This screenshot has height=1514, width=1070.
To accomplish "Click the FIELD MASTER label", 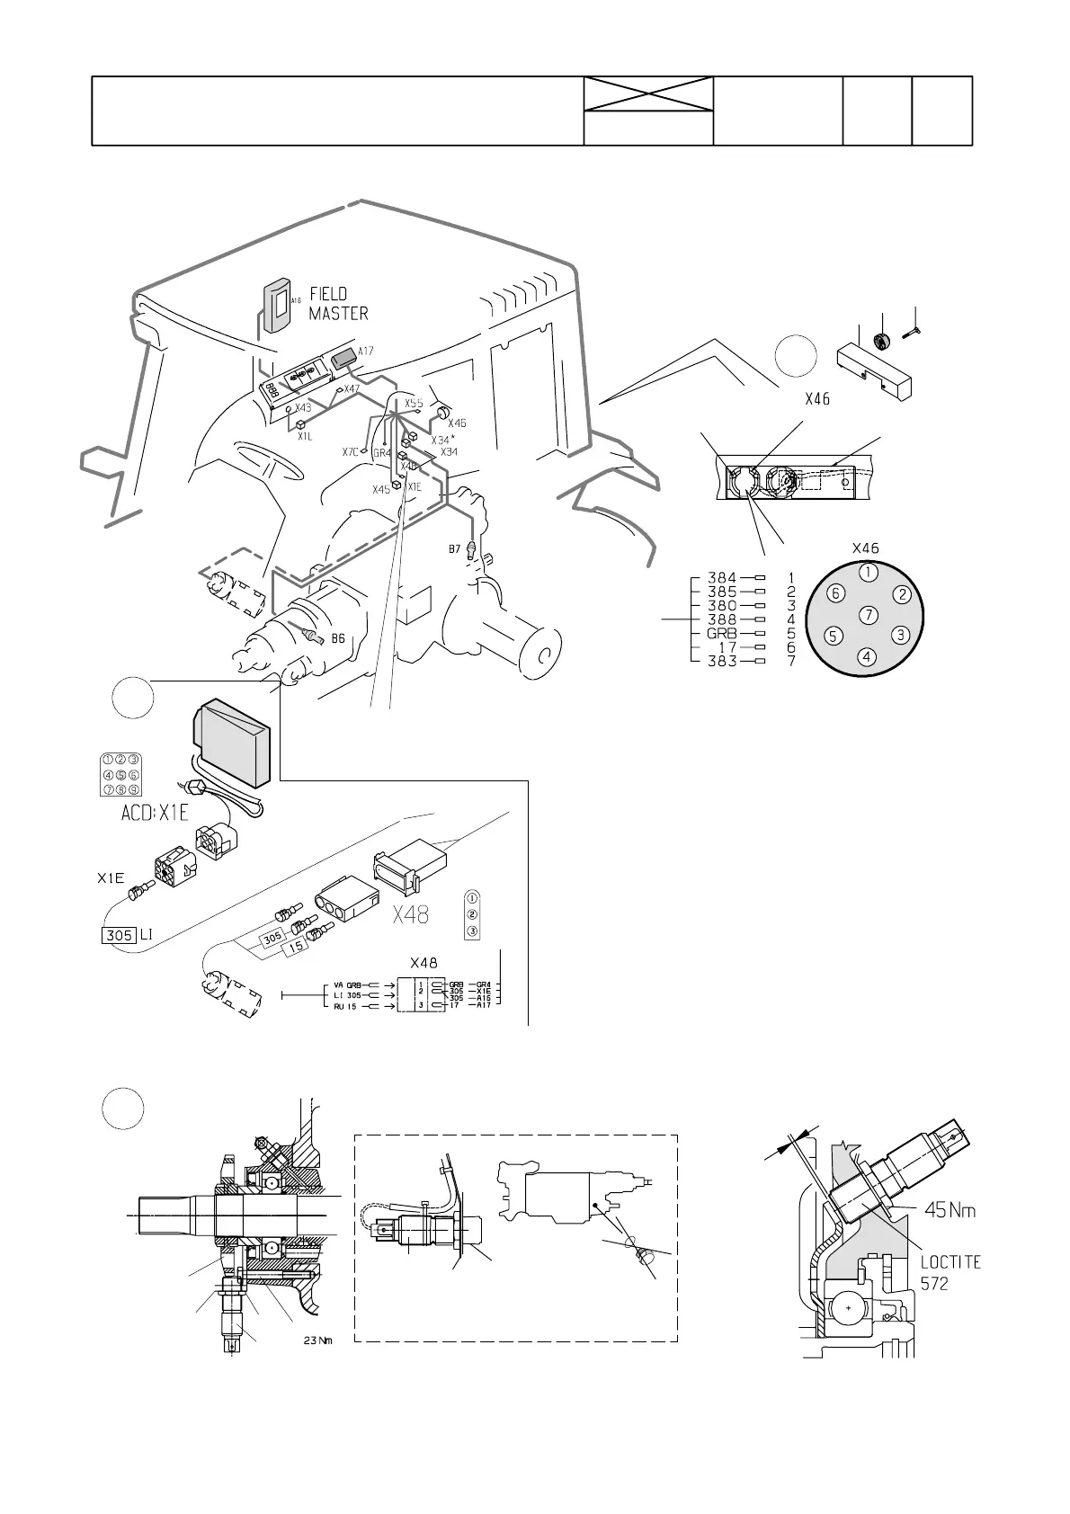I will [x=339, y=304].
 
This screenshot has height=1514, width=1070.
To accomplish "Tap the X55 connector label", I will [x=414, y=404].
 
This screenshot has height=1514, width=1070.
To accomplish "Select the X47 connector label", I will [x=352, y=389].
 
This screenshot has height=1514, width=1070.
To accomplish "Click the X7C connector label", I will [x=351, y=451].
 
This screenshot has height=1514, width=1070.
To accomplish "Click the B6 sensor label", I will [x=338, y=638].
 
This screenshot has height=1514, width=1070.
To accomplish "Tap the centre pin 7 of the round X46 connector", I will [x=867, y=616].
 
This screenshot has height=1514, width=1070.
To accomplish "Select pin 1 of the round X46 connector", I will [x=867, y=572].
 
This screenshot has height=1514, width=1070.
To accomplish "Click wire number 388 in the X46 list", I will [x=722, y=619].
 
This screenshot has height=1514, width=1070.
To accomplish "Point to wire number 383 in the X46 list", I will [x=722, y=661].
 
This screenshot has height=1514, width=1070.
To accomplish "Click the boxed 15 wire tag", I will [x=298, y=947].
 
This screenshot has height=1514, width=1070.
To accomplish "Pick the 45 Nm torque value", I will [x=950, y=1211].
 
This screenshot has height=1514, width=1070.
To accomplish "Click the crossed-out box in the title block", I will [x=648, y=94].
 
